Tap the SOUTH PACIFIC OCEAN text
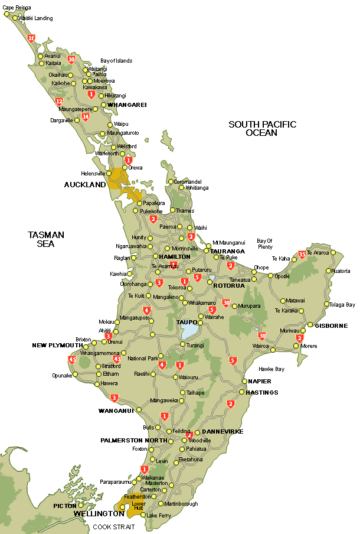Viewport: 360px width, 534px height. (x=262, y=128)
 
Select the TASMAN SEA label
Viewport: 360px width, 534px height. (x=45, y=239)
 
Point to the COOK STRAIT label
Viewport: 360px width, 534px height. (x=113, y=527)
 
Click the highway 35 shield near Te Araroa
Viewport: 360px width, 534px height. (x=302, y=254)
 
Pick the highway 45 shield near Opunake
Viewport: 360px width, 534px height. (x=73, y=359)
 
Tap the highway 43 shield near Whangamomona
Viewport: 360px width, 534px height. (x=117, y=359)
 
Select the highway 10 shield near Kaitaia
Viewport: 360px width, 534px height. (x=71, y=59)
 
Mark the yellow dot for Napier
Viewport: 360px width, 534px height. (x=244, y=381)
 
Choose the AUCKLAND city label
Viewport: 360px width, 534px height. (x=84, y=185)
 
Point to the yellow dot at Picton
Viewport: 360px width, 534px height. (x=81, y=506)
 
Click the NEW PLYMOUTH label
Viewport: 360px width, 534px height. (x=57, y=345)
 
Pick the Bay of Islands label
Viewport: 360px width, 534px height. (x=116, y=61)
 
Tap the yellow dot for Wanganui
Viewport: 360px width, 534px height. (x=139, y=409)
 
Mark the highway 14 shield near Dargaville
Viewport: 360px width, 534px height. (x=86, y=116)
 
